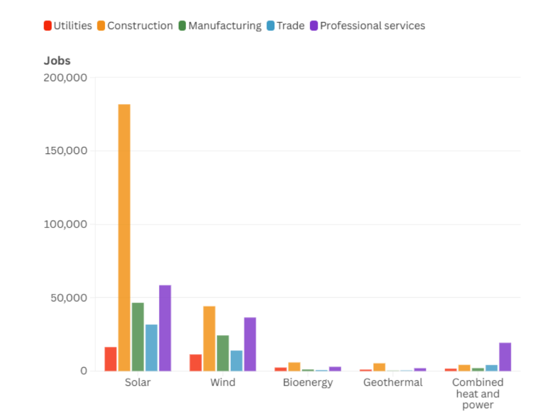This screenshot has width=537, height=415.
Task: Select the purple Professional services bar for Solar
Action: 165,328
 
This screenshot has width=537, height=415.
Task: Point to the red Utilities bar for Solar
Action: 110,359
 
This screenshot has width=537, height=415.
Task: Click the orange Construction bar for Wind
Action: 209,338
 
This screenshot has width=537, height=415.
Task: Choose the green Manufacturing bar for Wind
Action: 223,353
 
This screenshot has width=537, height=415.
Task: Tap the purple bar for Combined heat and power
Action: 505,357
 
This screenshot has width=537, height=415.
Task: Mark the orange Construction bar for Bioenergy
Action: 294,367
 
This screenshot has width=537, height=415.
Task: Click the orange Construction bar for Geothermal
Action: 379,367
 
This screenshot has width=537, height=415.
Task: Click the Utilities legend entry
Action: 68,26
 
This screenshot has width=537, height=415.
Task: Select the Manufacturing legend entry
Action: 220,26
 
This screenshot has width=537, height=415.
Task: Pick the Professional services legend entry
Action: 367,26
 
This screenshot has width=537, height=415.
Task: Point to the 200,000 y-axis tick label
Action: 65,78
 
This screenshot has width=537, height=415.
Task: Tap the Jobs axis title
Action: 57,61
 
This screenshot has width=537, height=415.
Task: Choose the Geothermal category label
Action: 393,383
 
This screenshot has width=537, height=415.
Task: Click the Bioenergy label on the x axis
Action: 308,383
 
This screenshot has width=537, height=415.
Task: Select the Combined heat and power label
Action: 478,394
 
